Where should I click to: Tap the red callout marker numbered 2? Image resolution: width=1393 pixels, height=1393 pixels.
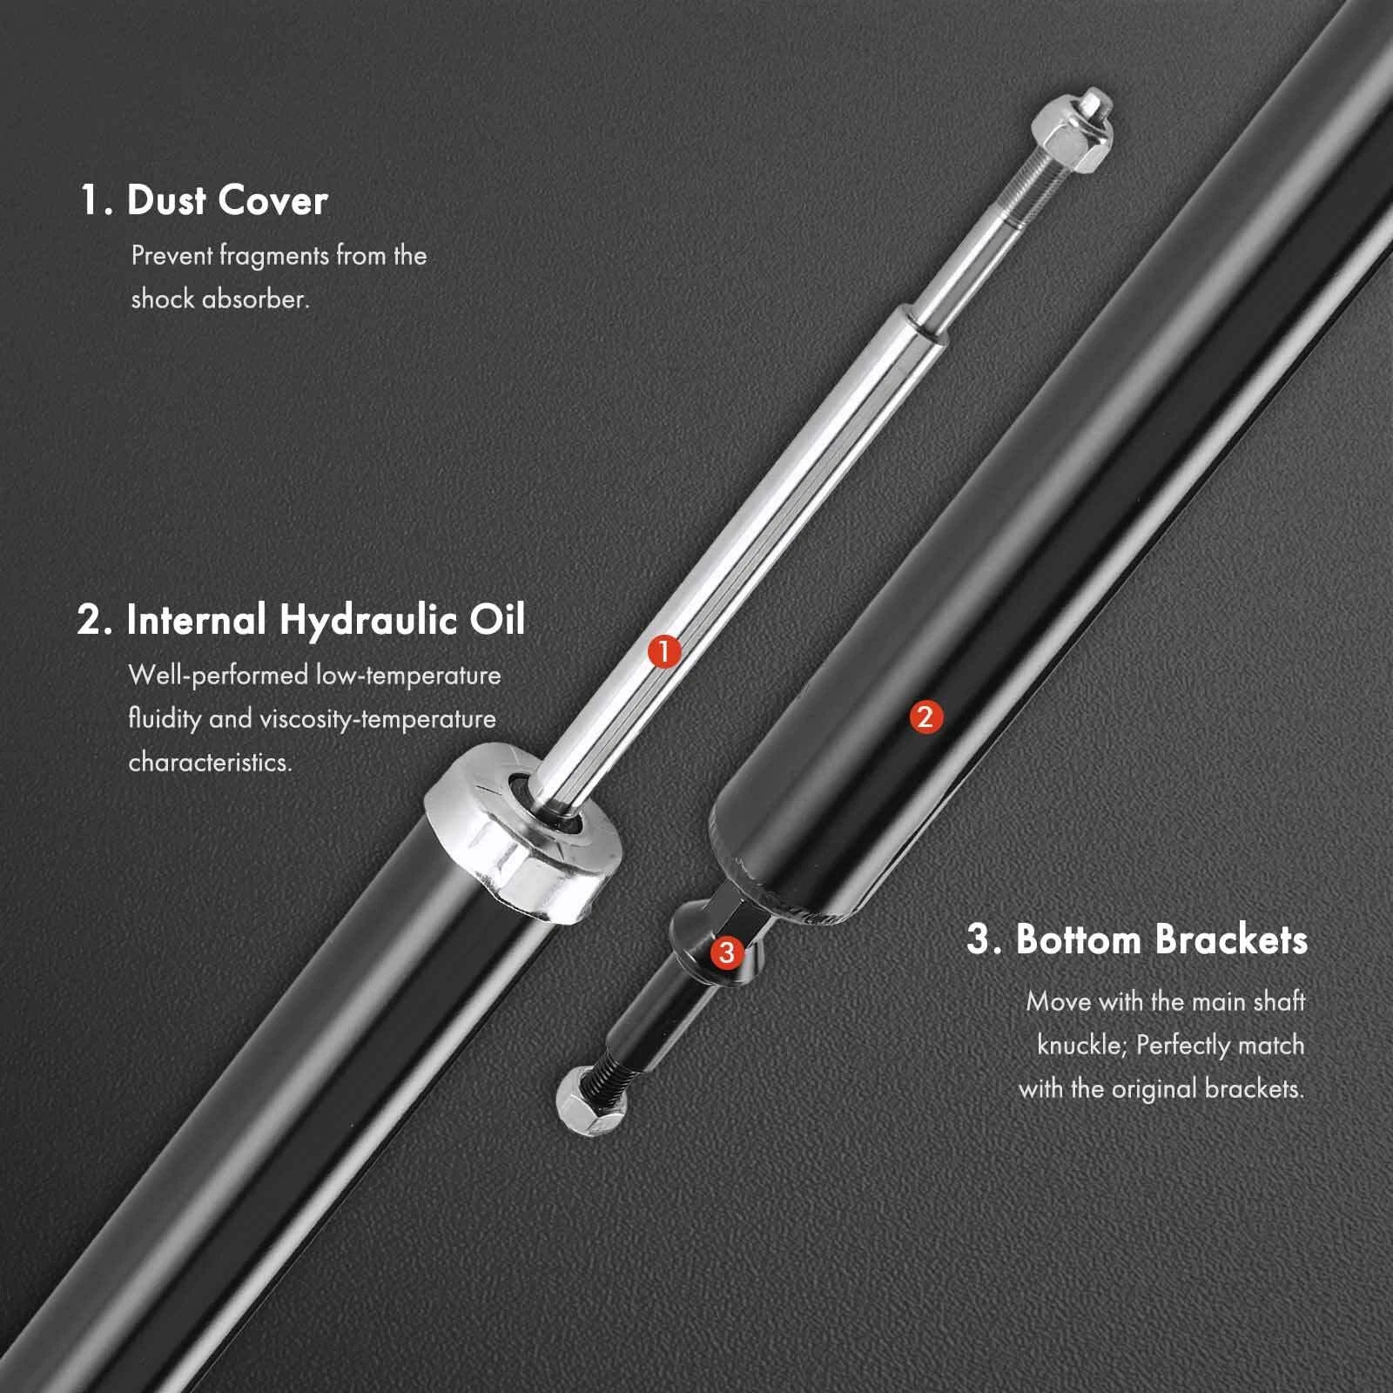pyautogui.click(x=925, y=717)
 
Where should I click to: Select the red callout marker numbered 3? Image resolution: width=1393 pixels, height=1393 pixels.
pyautogui.click(x=726, y=952)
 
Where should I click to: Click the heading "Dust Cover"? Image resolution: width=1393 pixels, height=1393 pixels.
pyautogui.click(x=227, y=200)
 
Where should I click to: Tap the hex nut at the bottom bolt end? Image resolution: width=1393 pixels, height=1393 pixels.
pyautogui.click(x=589, y=1101)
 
